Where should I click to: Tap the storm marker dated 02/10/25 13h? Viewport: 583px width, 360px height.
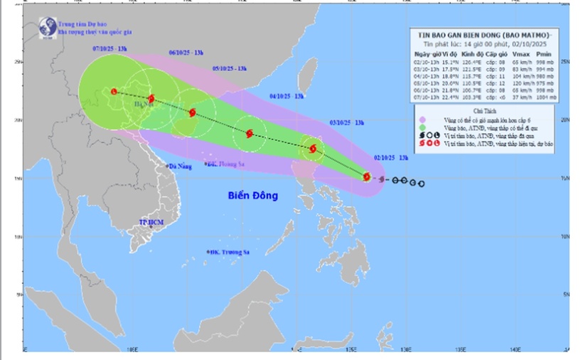tap(367, 176)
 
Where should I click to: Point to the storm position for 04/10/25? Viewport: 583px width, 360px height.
tap(250, 133)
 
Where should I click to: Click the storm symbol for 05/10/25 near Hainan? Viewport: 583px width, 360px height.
tap(192, 112)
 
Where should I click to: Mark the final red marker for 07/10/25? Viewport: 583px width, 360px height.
tap(114, 91)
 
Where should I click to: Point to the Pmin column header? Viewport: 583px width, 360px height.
tap(545, 53)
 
